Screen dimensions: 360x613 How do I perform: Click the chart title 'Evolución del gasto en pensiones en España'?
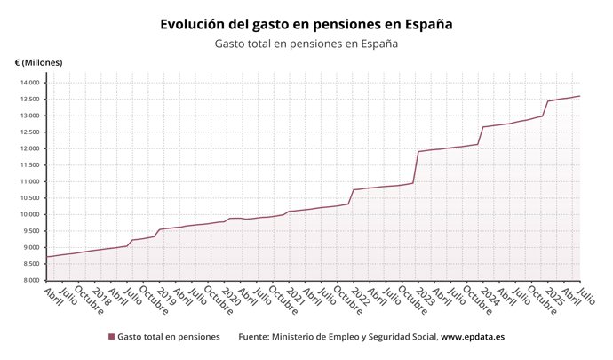(306, 25)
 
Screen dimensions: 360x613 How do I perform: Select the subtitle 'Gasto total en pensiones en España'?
(306, 44)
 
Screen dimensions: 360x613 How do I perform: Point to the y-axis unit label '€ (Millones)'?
(38, 62)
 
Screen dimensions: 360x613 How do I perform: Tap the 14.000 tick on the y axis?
(28, 83)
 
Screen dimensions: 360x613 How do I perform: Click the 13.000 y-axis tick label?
(28, 116)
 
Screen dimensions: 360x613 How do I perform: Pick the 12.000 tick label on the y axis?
(28, 148)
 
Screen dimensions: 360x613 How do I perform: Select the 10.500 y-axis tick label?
(28, 198)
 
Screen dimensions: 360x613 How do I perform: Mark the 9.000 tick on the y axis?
(30, 247)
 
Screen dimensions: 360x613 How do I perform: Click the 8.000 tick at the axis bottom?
(30, 280)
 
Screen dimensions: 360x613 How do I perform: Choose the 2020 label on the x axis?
(230, 296)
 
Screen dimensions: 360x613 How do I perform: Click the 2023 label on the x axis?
(424, 296)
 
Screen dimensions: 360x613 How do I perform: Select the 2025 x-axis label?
(553, 296)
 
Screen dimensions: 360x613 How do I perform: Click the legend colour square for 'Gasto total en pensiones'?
(111, 337)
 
